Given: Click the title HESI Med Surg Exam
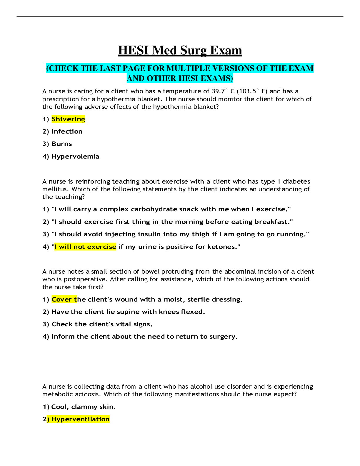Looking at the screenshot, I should pos(180,50).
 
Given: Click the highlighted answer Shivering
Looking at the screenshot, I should pos(68,119).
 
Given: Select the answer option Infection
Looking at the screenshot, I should pos(67,132).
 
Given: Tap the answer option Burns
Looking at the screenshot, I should pos(61,144).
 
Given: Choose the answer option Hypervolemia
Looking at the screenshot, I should pos(75,157).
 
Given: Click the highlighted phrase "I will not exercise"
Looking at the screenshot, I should pos(85,247).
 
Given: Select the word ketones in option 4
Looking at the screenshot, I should pos(221,247).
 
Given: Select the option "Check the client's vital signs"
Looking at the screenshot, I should pos(102,324).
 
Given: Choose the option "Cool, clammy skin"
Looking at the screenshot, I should pos(83,407).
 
